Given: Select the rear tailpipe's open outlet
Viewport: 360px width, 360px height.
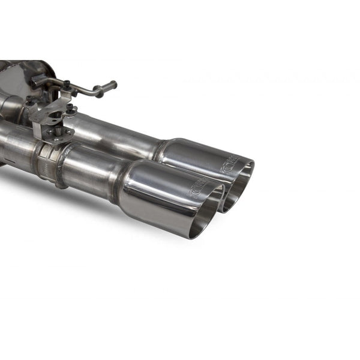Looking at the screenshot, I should [240, 186].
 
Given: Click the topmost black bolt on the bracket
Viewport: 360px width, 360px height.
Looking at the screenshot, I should [67, 84].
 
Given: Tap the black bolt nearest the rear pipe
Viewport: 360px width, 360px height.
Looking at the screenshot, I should [72, 109].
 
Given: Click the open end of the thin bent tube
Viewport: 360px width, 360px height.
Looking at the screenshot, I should [112, 85].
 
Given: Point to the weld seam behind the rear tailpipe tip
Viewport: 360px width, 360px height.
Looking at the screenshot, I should [159, 150].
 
